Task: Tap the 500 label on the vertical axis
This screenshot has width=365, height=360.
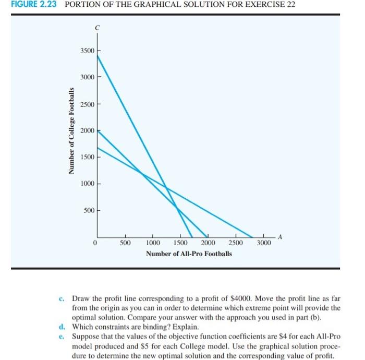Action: pos(90,210)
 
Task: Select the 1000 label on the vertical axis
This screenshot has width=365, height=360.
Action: pos(88,184)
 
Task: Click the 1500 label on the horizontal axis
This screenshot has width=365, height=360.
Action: pos(180,243)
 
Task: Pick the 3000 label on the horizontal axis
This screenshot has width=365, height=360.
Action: pos(264,243)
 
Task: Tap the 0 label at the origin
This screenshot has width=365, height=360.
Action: pos(95,243)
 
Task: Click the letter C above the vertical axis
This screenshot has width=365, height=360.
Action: pos(97,27)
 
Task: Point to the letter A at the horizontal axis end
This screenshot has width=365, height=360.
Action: pos(280,237)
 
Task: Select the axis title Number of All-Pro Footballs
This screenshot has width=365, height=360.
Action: pos(189,254)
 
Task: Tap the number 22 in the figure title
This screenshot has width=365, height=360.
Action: pos(291,5)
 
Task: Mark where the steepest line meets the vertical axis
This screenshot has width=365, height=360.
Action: pos(98,54)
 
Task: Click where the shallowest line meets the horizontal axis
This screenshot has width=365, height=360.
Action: pos(253,237)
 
